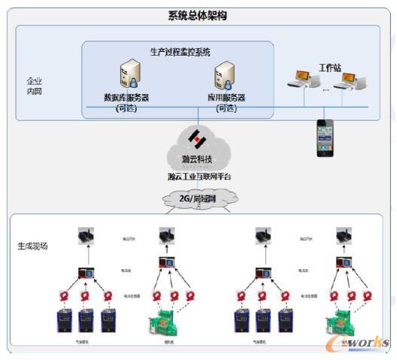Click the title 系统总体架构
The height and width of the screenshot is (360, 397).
click(198, 16)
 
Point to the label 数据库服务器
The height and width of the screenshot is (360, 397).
click(126, 97)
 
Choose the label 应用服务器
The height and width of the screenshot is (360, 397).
click(226, 98)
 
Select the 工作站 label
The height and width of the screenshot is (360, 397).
click(329, 68)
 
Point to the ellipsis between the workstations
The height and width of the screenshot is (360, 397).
click(326, 89)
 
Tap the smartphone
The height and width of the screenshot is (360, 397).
click(324, 138)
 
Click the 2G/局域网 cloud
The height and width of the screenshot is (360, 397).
click(198, 197)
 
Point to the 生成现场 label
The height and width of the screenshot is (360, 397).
click(32, 246)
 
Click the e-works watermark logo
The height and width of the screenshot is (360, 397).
click(362, 343)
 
